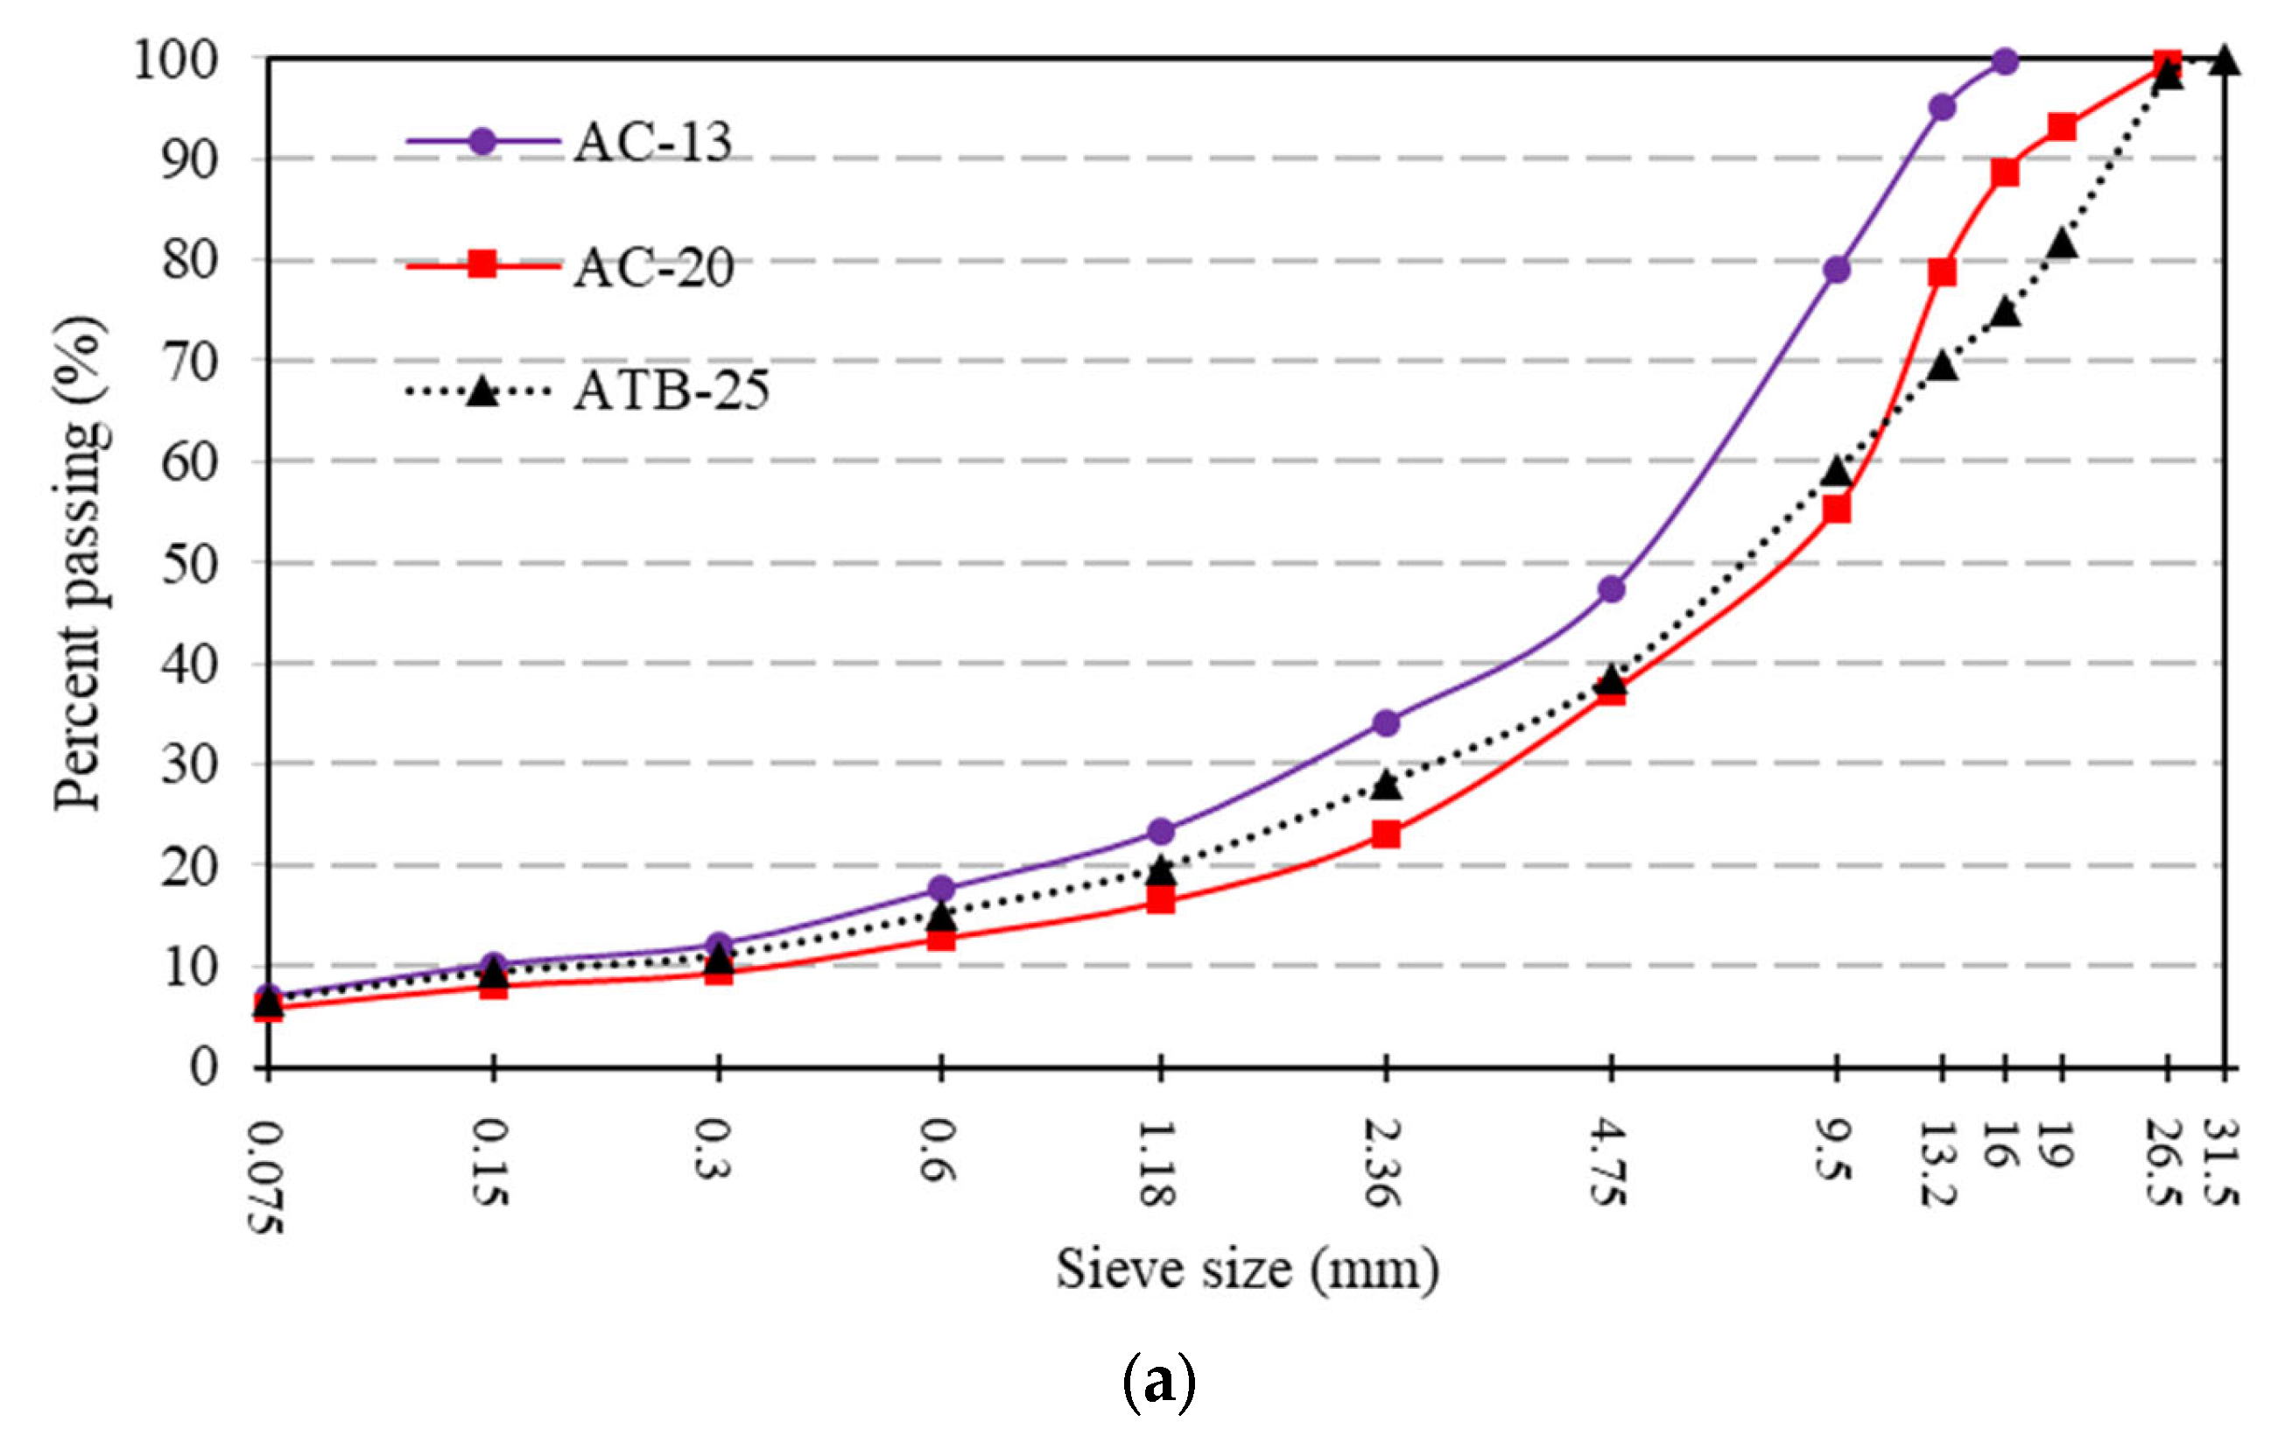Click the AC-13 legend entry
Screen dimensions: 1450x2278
point(653,143)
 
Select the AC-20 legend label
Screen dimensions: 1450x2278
point(653,268)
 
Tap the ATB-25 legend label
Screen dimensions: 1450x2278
point(671,391)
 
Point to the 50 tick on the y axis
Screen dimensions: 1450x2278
point(189,565)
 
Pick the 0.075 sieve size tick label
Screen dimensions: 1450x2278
point(268,1177)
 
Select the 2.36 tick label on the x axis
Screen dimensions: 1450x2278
point(1383,1165)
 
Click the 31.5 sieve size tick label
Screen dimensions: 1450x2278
point(2223,1164)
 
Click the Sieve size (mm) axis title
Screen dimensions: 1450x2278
point(1247,1271)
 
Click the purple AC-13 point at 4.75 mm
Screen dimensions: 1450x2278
point(1611,589)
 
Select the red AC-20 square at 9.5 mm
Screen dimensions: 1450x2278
point(1836,510)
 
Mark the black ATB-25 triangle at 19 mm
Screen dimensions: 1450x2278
point(2063,244)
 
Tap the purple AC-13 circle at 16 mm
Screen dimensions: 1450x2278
point(2005,62)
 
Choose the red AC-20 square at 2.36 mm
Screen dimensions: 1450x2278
point(1386,834)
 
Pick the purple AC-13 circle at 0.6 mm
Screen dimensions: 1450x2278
point(941,888)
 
